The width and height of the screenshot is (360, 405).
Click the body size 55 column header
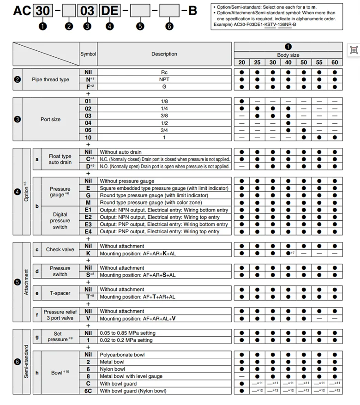tap(319, 62)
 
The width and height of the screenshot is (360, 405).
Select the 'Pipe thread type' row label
tap(51, 79)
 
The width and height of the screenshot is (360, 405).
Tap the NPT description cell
tap(164, 79)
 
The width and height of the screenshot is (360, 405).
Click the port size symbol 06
tap(88, 130)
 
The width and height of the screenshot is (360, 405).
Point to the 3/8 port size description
tap(164, 115)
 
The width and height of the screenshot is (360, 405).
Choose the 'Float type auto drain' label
tap(60, 159)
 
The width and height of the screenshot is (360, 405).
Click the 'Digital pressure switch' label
tap(60, 221)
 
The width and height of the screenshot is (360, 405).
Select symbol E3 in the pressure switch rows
tap(88, 224)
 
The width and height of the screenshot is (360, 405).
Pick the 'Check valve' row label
tap(60, 250)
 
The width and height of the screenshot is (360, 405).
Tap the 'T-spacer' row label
tap(60, 293)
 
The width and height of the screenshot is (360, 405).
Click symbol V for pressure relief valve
tap(88, 319)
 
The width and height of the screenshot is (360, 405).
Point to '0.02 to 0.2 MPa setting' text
tap(126, 340)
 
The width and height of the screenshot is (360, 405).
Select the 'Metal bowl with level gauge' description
tap(131, 376)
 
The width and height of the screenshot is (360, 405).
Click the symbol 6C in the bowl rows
tap(88, 391)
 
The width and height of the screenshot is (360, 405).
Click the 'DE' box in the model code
tap(109, 11)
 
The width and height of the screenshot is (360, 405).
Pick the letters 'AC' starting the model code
tap(22, 11)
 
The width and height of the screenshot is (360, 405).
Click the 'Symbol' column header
tap(88, 54)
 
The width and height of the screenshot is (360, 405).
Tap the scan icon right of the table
tap(354, 50)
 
